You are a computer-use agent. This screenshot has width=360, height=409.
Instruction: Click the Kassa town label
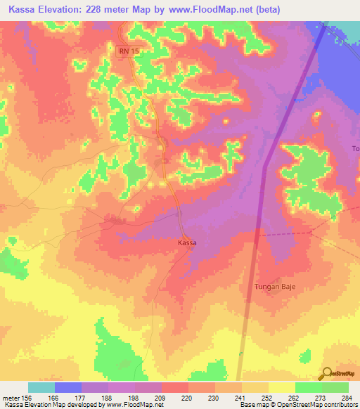coord(187,242)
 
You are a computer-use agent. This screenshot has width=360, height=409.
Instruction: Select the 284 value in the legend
coord(346,398)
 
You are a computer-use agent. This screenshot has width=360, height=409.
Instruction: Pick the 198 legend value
coord(135,398)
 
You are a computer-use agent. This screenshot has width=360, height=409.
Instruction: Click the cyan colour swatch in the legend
coord(41,387)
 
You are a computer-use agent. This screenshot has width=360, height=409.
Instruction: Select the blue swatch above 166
coord(68,387)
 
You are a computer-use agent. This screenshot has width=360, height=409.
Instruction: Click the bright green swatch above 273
coord(308,387)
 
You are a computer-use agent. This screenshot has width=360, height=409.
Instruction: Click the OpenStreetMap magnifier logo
coord(327,373)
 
